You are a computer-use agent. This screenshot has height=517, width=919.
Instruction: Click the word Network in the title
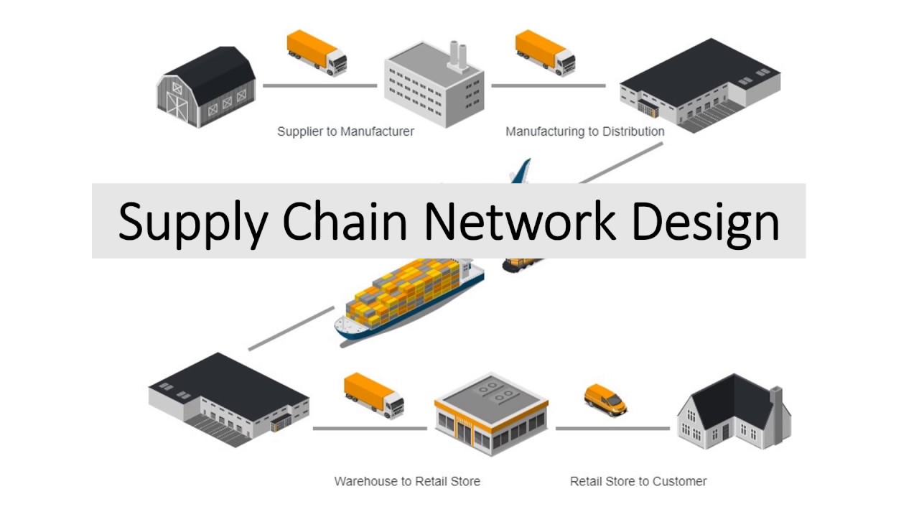point(520,221)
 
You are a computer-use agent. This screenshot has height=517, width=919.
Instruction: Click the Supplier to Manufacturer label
point(345,131)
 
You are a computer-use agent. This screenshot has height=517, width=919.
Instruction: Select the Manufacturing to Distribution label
point(584,131)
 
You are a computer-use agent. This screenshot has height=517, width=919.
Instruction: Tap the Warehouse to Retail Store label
point(407,481)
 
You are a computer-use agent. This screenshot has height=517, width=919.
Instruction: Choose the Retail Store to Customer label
point(638,481)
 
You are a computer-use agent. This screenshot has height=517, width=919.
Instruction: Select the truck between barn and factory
point(317,52)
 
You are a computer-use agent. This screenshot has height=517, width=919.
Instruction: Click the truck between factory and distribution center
point(545,52)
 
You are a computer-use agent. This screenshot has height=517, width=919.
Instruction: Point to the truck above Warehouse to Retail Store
point(373,394)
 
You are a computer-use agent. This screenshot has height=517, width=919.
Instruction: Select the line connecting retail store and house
point(612,429)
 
